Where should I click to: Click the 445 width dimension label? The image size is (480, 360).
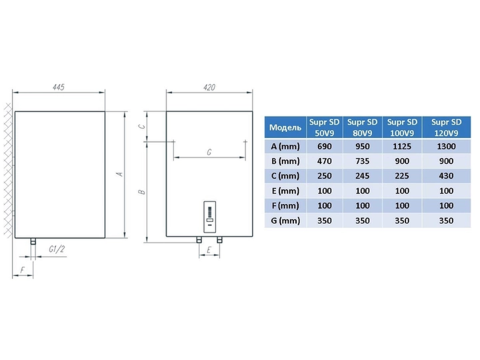[59, 87]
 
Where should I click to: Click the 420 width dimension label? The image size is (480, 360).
[209, 87]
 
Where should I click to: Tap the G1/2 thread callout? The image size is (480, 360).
[57, 249]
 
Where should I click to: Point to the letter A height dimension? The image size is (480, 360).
[120, 174]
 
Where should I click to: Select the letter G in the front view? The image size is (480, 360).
[209, 152]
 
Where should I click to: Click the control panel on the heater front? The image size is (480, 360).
[210, 217]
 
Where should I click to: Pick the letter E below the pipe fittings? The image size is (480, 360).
[209, 250]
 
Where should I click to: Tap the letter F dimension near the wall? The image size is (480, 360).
[22, 270]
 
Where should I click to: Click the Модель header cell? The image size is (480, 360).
[285, 127]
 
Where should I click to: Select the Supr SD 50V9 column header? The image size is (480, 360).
[325, 127]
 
